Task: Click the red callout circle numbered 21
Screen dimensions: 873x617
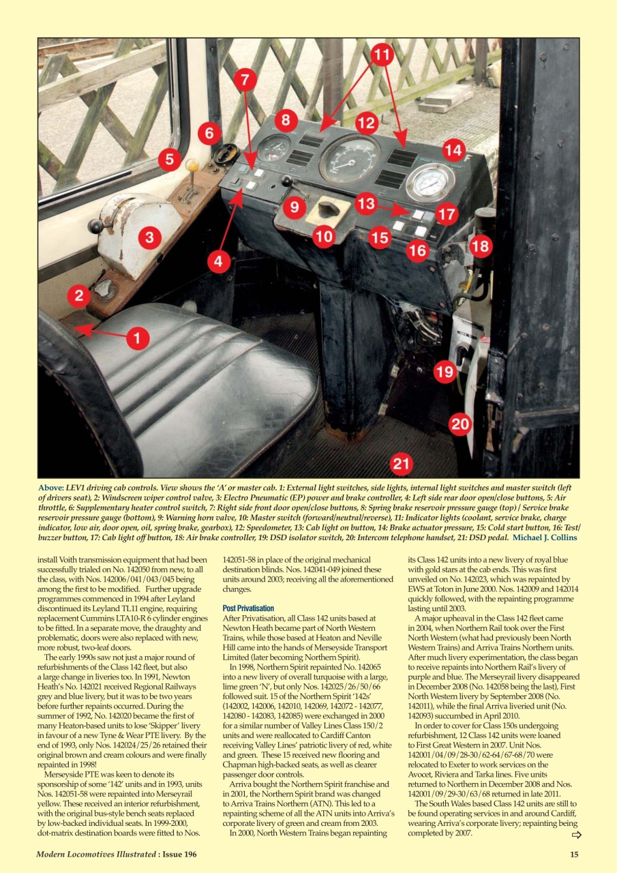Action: [x=402, y=464]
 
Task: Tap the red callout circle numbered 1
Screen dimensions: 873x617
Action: [x=138, y=338]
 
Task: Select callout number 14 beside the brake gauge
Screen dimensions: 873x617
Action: [x=453, y=149]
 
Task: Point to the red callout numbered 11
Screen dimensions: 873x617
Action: [x=382, y=56]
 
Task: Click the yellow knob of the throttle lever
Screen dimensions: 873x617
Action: [x=193, y=166]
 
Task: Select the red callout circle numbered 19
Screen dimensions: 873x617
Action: [x=445, y=372]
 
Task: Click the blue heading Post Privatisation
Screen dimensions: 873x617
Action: [x=248, y=608]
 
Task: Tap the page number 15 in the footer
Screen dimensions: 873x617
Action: [x=574, y=855]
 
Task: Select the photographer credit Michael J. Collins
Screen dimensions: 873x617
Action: [x=545, y=537]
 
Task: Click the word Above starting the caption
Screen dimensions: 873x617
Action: [x=50, y=488]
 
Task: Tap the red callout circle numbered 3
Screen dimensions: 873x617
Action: [x=150, y=238]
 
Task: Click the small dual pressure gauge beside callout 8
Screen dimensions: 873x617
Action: [x=274, y=147]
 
